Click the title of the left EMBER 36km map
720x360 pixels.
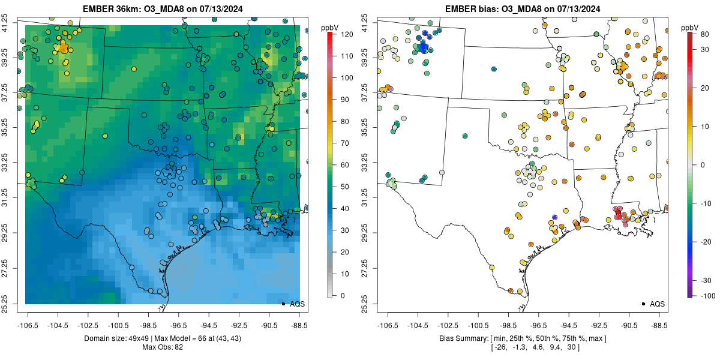coord(162,8)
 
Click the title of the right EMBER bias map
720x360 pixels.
coord(522,8)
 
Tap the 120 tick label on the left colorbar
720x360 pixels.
coord(346,35)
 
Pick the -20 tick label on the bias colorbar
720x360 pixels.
coord(706,241)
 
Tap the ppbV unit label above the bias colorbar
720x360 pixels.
coord(690,28)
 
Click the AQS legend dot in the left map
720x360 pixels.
coord(283,304)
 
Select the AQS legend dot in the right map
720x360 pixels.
coord(643,304)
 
